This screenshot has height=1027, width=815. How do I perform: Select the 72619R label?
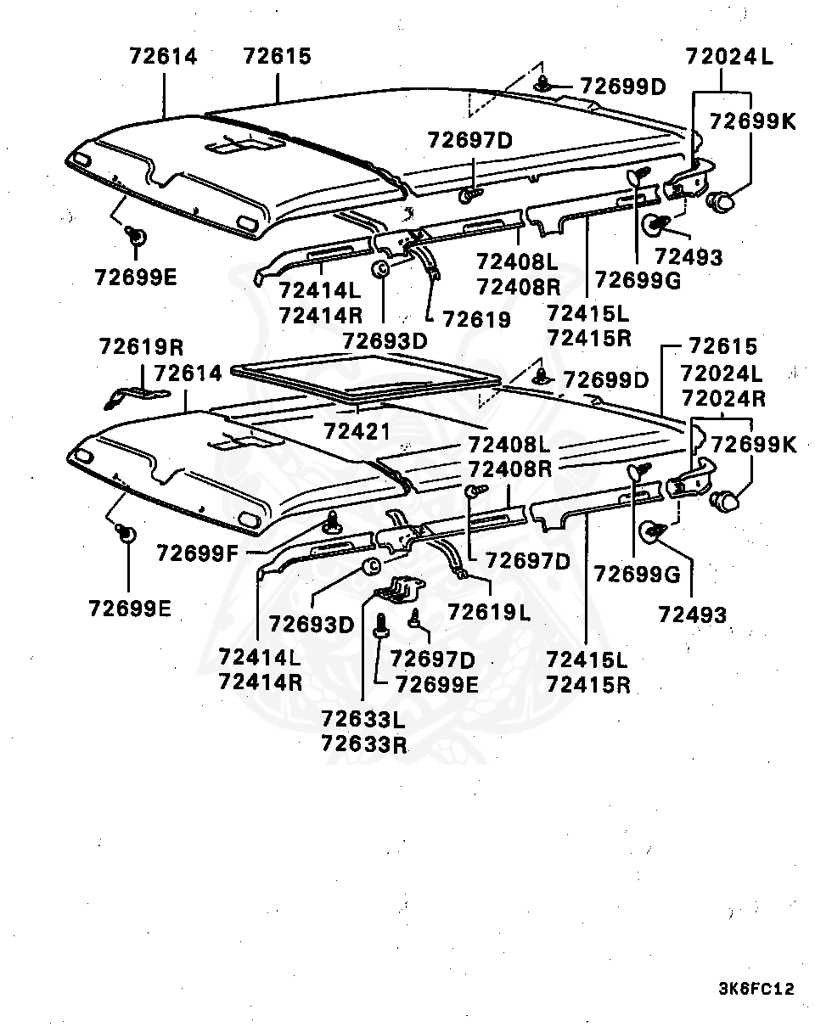pyautogui.click(x=141, y=346)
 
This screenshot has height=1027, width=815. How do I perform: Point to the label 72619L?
pyautogui.click(x=489, y=611)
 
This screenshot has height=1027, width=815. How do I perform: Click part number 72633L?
pyautogui.click(x=363, y=721)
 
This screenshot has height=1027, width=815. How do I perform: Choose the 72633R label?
pyautogui.click(x=363, y=745)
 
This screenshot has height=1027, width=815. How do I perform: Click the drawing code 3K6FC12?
pyautogui.click(x=756, y=989)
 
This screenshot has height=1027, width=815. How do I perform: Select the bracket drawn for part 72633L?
pyautogui.click(x=403, y=588)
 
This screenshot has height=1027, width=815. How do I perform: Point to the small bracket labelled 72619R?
pyautogui.click(x=136, y=396)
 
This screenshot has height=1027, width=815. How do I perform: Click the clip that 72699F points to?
pyautogui.click(x=332, y=522)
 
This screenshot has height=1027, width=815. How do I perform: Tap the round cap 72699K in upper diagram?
pyautogui.click(x=722, y=201)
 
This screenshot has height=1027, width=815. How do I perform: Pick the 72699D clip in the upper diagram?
pyautogui.click(x=543, y=84)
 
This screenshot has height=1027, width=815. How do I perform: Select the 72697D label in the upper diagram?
pyautogui.click(x=470, y=140)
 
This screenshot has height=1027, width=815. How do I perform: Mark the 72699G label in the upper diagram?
pyautogui.click(x=638, y=280)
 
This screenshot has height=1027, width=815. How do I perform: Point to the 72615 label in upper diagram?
pyautogui.click(x=278, y=56)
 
